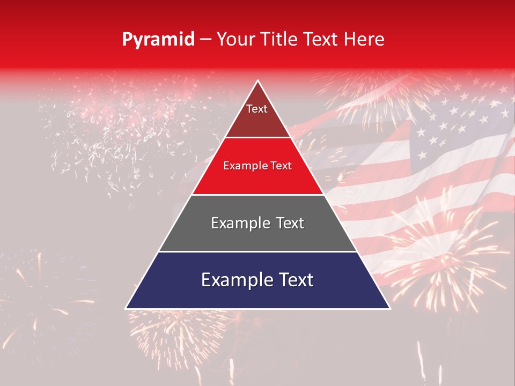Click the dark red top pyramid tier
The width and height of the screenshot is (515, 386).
(x=257, y=121)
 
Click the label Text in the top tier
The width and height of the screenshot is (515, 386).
(x=256, y=109)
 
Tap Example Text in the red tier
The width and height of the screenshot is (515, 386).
(x=257, y=166)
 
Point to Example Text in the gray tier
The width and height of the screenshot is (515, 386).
(x=257, y=223)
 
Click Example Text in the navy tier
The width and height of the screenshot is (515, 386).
(x=257, y=280)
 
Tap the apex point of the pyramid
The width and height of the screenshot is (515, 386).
(x=258, y=81)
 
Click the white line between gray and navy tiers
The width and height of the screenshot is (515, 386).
(x=257, y=251)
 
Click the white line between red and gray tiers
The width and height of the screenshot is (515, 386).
(x=257, y=195)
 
